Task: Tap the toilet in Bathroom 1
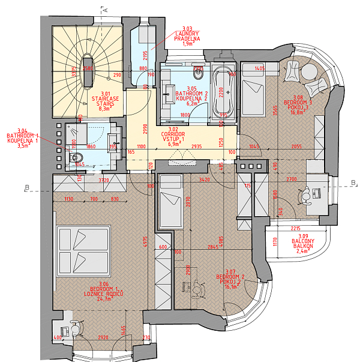[74, 157]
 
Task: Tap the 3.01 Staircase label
[104, 102]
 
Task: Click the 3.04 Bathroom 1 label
[21, 137]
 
